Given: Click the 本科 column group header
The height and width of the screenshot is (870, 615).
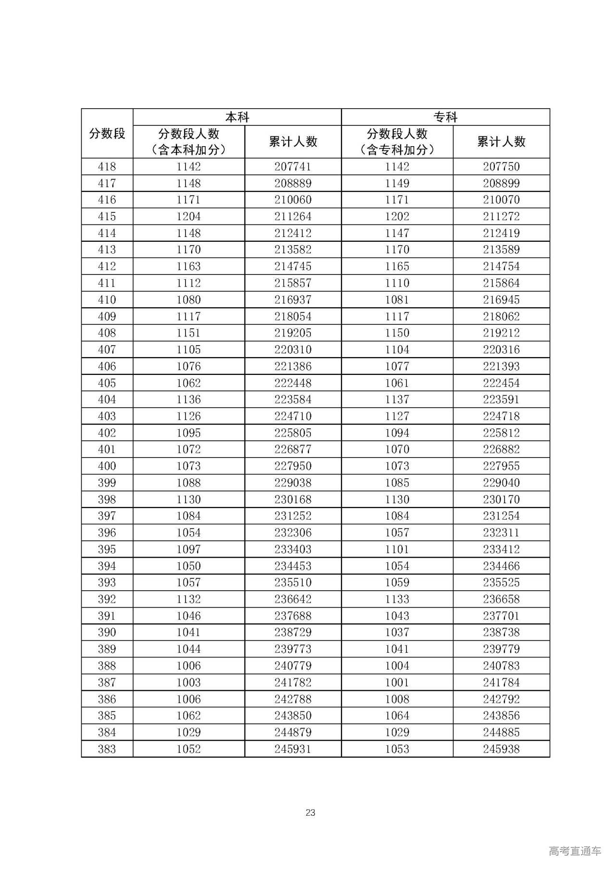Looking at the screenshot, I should (237, 117).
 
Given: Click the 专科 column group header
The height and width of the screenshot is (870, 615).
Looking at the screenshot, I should (445, 117).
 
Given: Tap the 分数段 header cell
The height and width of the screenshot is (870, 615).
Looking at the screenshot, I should (107, 134).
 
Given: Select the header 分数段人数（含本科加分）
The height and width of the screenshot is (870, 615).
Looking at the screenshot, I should (188, 142).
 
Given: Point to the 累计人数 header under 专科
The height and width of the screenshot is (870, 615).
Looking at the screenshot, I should (501, 142).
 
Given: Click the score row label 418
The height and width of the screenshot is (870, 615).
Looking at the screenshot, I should (107, 167).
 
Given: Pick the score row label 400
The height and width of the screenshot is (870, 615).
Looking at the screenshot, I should (107, 466).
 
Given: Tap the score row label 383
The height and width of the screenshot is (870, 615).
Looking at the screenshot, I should (107, 749).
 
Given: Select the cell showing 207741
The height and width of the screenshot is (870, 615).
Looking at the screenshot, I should (293, 167).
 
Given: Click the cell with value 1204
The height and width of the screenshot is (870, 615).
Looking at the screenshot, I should (188, 217).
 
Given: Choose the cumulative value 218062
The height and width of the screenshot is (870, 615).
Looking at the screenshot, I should (501, 316).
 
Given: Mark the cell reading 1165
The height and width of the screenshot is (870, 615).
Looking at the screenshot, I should (397, 266).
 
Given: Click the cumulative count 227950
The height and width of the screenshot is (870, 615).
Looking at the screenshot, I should (293, 466).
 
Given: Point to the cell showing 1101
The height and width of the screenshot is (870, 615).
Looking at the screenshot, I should (397, 549).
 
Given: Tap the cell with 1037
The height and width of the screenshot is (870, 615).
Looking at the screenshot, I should (397, 633).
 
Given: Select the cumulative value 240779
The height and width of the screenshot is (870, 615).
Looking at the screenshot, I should (293, 666).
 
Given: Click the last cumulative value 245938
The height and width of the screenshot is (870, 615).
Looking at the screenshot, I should (501, 749).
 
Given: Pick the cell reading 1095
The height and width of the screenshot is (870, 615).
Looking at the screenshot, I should (188, 433).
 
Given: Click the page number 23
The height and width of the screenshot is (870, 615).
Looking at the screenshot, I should (310, 813).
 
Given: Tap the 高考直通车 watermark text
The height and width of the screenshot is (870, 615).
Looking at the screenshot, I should (575, 851).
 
